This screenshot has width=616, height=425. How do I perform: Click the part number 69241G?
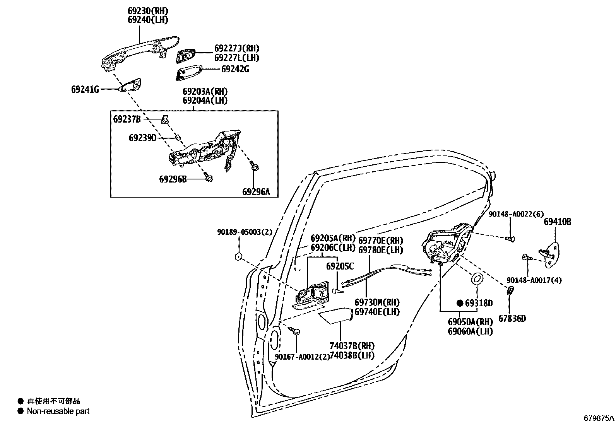pos(85,90)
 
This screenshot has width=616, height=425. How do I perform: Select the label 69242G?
pos(235,70)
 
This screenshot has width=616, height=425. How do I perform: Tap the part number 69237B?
pos(127,119)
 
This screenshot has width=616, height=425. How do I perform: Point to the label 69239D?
pos(143,138)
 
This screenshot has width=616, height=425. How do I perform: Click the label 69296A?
pos(256,192)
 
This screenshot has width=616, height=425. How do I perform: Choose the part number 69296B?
pos(173,179)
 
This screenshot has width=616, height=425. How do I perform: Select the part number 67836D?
pos(512,319)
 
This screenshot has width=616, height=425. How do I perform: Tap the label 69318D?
pos(479,303)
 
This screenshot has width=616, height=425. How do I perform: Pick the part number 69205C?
pos(340,266)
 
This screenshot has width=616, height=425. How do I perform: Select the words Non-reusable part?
pos(58,411)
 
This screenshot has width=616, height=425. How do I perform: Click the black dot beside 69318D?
pos(460,303)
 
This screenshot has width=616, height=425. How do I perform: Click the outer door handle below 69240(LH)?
pos(140,52)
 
